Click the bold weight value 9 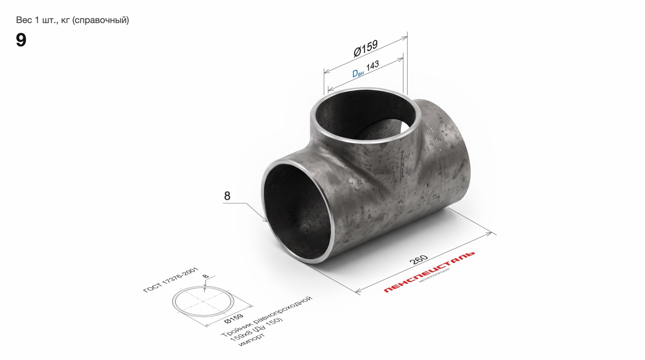(21, 40)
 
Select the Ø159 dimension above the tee (365, 48)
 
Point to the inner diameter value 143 (372, 66)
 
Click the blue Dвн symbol (358, 73)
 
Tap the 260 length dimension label (418, 260)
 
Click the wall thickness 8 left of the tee (227, 196)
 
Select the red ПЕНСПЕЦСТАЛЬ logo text (429, 272)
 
